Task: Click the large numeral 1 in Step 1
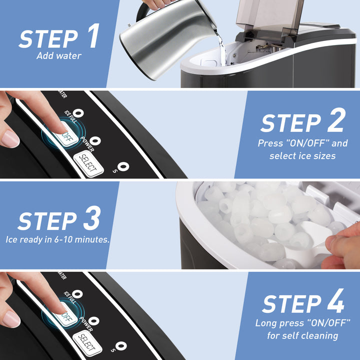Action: click(x=94, y=35)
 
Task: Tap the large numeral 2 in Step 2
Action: click(x=336, y=119)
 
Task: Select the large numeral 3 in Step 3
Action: click(x=92, y=217)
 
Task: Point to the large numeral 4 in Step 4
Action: click(x=335, y=300)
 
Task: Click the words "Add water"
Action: click(x=59, y=56)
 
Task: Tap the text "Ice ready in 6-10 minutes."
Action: click(x=57, y=239)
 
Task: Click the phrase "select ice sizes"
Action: click(x=302, y=156)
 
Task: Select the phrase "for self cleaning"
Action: click(x=302, y=335)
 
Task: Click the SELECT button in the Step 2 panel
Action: click(x=88, y=163)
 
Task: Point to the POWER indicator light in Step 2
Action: click(x=95, y=140)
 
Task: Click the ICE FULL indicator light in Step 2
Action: click(x=78, y=113)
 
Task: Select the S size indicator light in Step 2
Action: click(x=123, y=166)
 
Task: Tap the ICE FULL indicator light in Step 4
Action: click(x=77, y=294)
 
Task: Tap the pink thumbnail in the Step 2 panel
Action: click(x=10, y=139)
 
